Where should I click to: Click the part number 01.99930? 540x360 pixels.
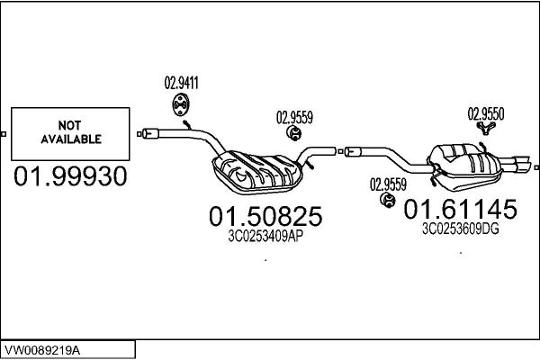point(70,176)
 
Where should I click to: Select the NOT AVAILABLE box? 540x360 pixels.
point(69,133)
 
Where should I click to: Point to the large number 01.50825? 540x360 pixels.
point(265,216)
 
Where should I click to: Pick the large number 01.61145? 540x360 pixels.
point(460,210)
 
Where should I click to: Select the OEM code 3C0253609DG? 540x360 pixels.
point(460,229)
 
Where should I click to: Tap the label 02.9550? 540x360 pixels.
point(485,113)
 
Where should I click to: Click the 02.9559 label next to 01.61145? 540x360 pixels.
point(388,184)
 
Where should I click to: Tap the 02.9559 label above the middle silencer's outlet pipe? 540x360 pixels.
point(294,116)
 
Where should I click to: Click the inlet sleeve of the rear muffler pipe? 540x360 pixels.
point(354,151)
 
